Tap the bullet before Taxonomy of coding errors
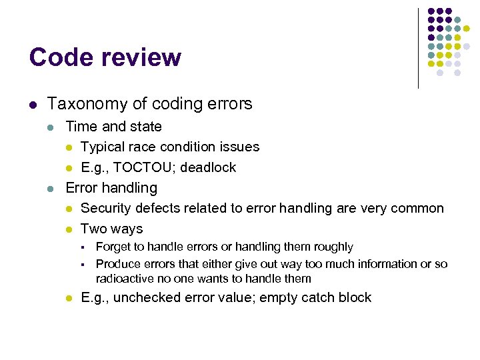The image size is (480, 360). tap(33, 105)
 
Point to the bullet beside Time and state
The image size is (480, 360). tap(51, 127)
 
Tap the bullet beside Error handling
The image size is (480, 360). tap(51, 189)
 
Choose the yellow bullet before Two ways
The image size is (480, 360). tap(68, 229)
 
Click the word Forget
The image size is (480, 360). tap(113, 247)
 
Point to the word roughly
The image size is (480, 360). tap(333, 247)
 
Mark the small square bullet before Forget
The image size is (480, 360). tap(83, 247)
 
